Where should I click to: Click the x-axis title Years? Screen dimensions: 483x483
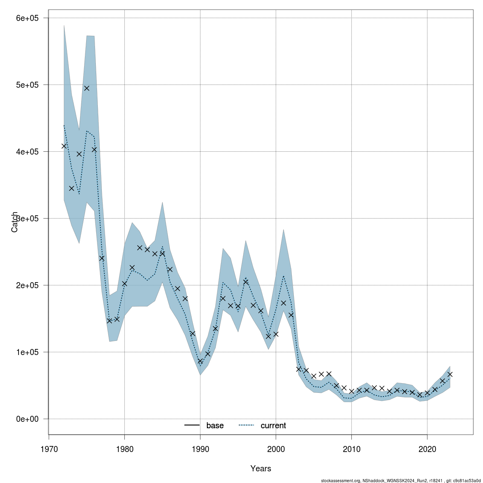point(260,469)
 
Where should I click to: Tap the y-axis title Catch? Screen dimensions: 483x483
point(14,222)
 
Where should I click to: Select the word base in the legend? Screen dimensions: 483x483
point(215,425)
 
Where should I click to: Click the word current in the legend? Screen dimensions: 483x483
point(273,425)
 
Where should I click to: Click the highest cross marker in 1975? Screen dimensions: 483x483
point(87,88)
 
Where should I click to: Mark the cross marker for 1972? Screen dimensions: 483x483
point(64,146)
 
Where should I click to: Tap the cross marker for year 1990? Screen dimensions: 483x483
point(200,361)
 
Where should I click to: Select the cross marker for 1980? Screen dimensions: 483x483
point(124,284)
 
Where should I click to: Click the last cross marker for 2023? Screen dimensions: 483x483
point(450,374)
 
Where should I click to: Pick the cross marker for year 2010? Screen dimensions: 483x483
point(351,391)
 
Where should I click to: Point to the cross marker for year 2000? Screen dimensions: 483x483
point(276,334)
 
